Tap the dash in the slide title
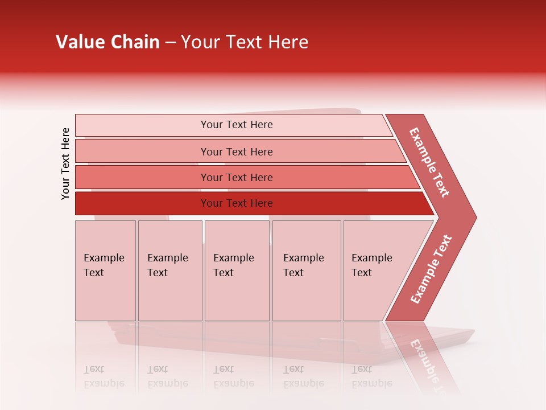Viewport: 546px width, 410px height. tap(170, 43)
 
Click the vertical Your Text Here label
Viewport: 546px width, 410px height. tap(65, 163)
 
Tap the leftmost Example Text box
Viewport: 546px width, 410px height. tap(105, 270)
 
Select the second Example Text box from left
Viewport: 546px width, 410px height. tap(170, 270)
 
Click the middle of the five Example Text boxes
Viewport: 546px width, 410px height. tap(237, 270)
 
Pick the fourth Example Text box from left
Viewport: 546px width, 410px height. tap(307, 270)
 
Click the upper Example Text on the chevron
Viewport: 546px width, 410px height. tap(430, 162)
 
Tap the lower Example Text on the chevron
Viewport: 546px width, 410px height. tap(431, 269)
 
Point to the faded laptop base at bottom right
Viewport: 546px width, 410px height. tap(444, 342)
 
